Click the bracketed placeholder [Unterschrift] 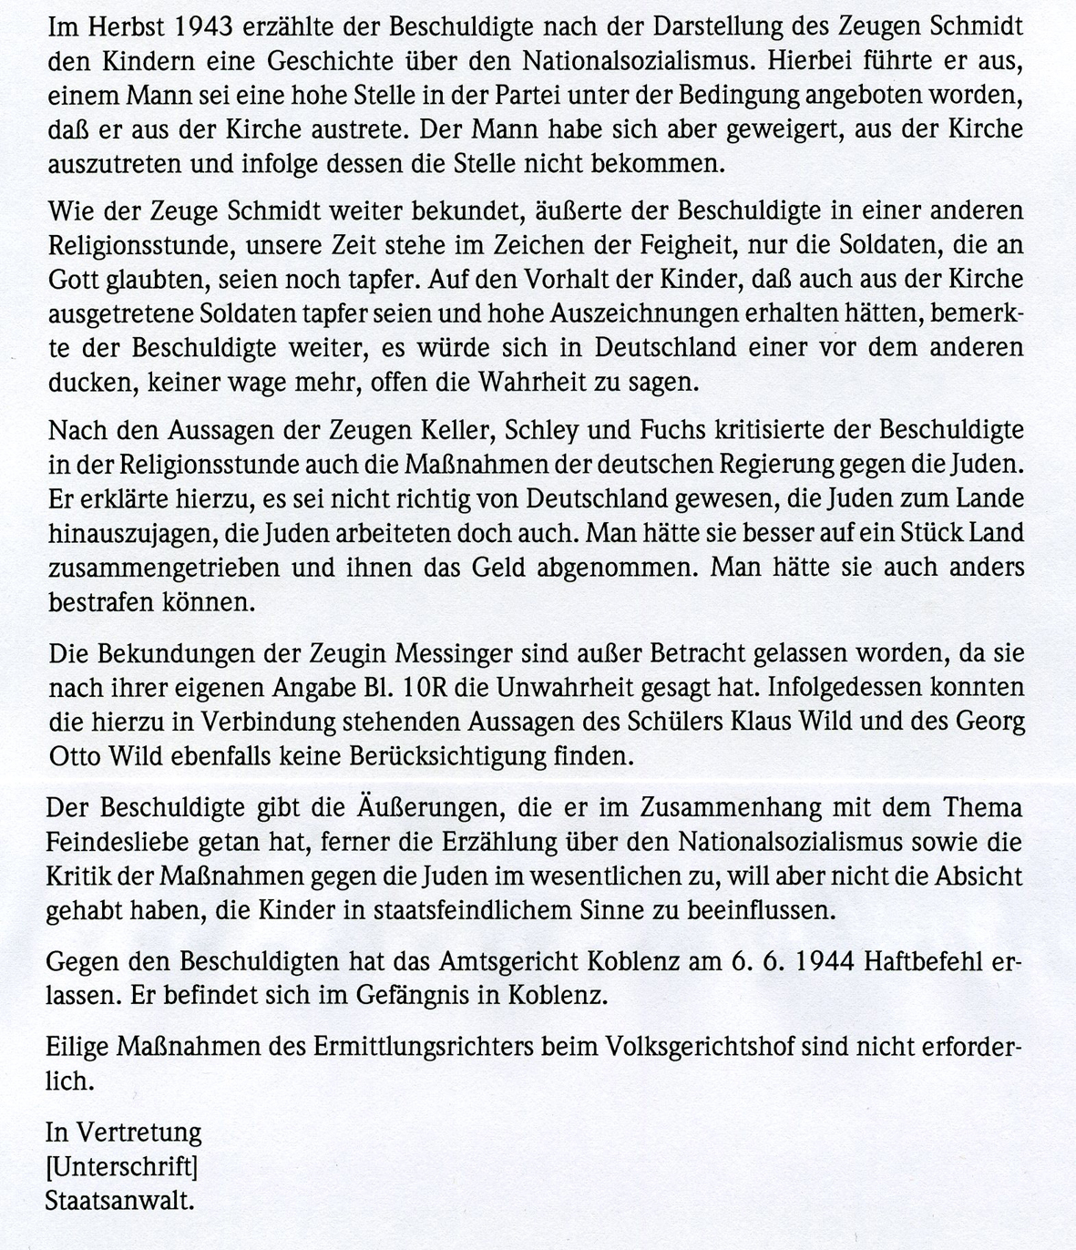pos(123,1166)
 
